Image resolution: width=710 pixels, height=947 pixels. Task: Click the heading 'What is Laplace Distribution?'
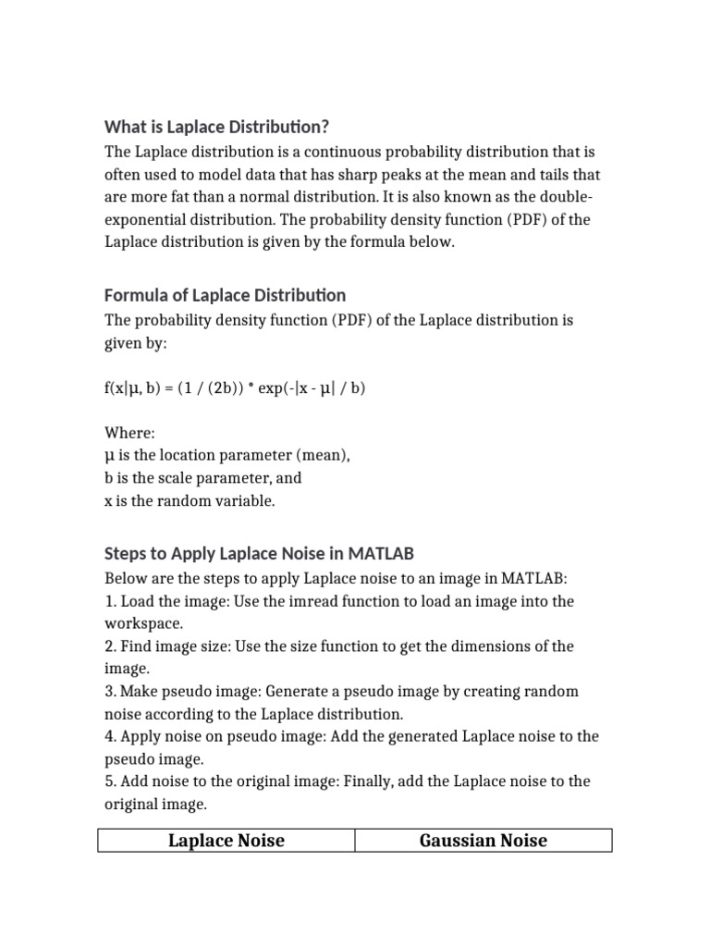216,127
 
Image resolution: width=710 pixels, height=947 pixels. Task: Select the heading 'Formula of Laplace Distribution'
225,295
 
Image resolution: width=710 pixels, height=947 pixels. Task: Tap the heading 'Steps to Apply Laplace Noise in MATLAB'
259,553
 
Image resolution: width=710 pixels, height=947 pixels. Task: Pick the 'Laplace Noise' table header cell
226,840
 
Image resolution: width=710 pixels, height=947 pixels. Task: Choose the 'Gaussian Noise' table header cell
483,840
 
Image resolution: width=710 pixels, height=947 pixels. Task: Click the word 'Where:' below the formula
129,433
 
